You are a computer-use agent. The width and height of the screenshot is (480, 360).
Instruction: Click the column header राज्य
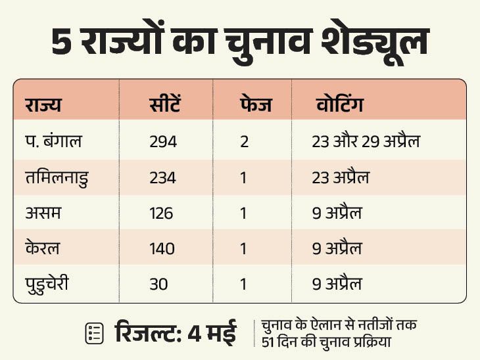[x=43, y=105]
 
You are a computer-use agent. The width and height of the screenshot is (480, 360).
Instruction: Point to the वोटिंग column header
[x=339, y=105]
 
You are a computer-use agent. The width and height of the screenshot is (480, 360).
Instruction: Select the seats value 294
[x=163, y=141]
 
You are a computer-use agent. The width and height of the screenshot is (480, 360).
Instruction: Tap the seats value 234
[x=163, y=177]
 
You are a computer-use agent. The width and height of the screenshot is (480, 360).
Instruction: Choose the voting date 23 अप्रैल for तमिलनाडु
[x=341, y=177]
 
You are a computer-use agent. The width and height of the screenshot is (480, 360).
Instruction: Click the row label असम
[x=41, y=214]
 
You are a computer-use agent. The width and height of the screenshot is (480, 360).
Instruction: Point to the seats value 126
[x=162, y=214]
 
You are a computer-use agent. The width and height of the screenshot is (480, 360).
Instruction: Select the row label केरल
[x=43, y=249]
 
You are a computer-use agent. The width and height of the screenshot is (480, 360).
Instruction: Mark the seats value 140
[x=162, y=249]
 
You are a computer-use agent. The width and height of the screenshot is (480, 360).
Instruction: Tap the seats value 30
[x=158, y=284]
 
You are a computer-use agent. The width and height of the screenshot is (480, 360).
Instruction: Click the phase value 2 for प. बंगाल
[x=244, y=141]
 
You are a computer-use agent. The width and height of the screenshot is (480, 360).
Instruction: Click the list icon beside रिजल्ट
[x=94, y=333]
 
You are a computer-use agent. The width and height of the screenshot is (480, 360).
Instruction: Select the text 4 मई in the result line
[x=212, y=332]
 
